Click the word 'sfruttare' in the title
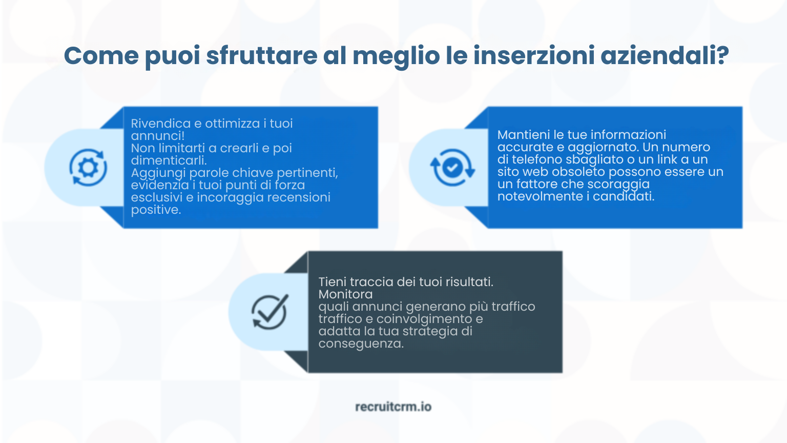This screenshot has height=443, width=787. [261, 55]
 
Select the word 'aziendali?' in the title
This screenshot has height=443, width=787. [665, 55]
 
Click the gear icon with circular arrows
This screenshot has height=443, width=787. [88, 167]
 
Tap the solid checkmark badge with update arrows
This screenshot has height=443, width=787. [452, 167]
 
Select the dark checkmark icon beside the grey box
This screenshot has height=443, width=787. [270, 312]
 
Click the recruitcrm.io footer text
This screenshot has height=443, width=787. [393, 407]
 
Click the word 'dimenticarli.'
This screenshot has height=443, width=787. [169, 160]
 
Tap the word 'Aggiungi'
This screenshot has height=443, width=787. [158, 173]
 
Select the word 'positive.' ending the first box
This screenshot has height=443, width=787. [156, 210]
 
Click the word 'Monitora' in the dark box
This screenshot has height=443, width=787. [345, 294]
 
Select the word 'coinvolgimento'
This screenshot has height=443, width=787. [424, 319]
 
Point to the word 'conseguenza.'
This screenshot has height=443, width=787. [361, 344]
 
